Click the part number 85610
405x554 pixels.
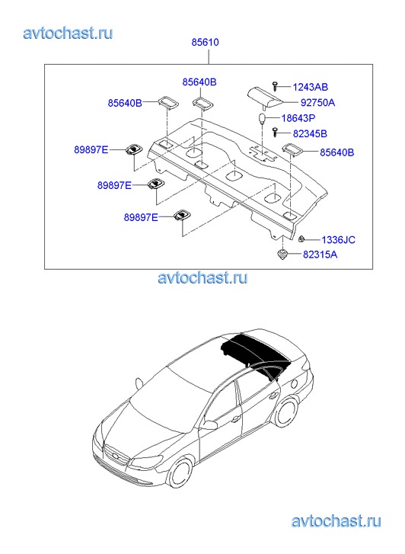click(x=205, y=42)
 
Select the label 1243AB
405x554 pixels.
click(x=311, y=87)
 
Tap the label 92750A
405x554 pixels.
click(x=317, y=102)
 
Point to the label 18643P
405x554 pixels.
click(x=298, y=118)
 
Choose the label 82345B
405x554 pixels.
click(x=310, y=133)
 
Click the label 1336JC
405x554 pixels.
click(x=338, y=240)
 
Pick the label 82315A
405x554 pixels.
click(x=320, y=255)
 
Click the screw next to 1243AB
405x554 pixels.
click(x=276, y=85)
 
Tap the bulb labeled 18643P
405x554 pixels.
click(x=262, y=118)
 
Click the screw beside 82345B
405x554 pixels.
click(x=276, y=132)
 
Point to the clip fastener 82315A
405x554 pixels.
click(x=282, y=255)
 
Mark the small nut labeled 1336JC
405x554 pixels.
click(x=301, y=239)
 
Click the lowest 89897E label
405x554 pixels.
click(x=141, y=217)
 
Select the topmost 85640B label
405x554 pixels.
click(x=199, y=82)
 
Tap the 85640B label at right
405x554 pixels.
click(x=336, y=152)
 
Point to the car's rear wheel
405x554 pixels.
click(x=285, y=412)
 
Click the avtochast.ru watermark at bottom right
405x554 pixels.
click(x=336, y=520)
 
